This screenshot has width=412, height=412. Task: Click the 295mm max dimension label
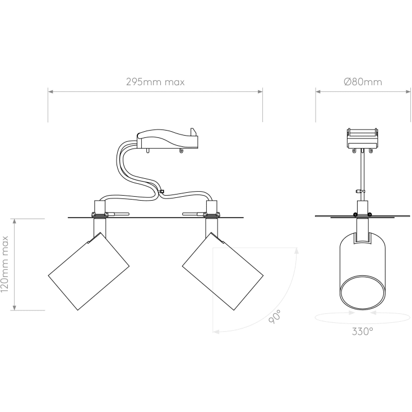pos(155,82)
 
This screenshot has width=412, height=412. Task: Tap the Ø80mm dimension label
pos(363,82)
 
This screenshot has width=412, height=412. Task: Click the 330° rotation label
pos(362,331)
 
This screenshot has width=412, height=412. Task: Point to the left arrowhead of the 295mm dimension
pos(50,90)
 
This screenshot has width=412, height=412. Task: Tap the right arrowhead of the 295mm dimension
pos(261,90)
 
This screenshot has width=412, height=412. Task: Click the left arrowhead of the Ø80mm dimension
pos(317,90)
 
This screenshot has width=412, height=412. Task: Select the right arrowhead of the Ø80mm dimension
pos(408,90)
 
